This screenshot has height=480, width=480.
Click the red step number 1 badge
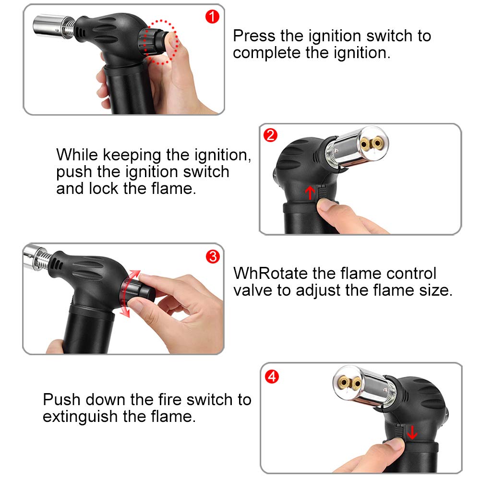[x=212, y=16]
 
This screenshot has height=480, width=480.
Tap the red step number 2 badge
[x=270, y=135]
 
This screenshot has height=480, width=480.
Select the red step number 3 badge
[x=213, y=256]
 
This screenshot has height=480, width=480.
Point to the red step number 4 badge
[x=272, y=376]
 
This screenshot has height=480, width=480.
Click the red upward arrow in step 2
[x=310, y=193]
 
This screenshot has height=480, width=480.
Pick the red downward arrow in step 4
[x=412, y=432]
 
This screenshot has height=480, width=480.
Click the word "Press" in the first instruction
[x=254, y=36]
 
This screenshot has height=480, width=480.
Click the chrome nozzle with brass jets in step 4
[x=364, y=386]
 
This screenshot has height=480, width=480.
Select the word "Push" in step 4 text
[x=61, y=399]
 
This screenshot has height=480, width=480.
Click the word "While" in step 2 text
[x=77, y=155]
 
